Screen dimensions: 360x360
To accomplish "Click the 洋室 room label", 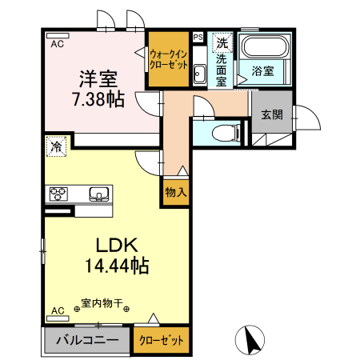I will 98,79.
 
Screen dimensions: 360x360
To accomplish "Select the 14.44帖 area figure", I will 118,266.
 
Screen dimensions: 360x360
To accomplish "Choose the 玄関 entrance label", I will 271,114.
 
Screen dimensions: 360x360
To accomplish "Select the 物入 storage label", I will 176,192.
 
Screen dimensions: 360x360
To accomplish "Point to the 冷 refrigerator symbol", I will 56,146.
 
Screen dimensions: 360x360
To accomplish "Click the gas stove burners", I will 60,193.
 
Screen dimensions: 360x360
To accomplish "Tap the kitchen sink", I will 99,193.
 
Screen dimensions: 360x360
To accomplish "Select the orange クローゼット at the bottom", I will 162,340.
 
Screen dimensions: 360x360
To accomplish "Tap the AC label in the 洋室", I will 57,45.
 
